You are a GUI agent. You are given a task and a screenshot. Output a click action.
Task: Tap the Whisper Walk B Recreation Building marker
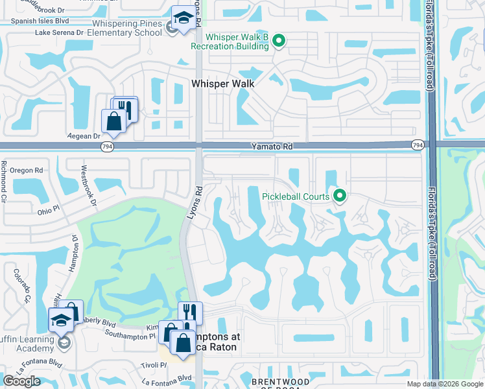click(x=279, y=41)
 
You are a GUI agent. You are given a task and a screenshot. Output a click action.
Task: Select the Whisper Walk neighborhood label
click(x=222, y=83)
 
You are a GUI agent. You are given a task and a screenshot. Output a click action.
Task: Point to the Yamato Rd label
click(x=272, y=147)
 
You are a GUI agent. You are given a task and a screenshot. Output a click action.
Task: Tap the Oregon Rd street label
click(x=30, y=171)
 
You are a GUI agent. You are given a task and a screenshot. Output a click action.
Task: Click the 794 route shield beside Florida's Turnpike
click(x=418, y=145)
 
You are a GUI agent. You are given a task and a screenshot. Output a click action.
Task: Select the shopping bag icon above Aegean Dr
click(x=113, y=121)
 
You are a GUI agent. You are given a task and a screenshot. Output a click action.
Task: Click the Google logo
click(x=21, y=381)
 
